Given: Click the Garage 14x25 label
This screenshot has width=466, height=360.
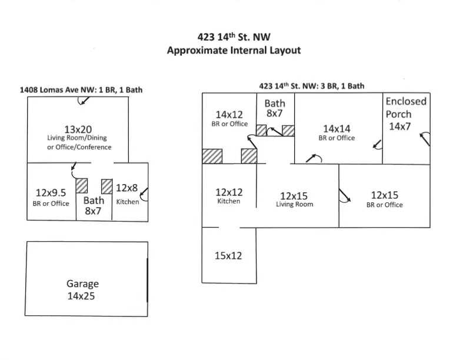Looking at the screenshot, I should [x=82, y=289].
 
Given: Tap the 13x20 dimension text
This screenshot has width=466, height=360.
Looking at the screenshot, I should [x=79, y=129].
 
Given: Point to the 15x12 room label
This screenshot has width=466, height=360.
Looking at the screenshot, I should [x=229, y=256].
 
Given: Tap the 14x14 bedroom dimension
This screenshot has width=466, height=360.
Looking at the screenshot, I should [x=337, y=128].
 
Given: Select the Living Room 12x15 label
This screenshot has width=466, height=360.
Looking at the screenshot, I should [x=295, y=199].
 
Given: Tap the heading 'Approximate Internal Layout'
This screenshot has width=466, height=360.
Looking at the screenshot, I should [x=234, y=50].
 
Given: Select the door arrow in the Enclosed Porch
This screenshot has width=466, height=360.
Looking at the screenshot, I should [x=424, y=139].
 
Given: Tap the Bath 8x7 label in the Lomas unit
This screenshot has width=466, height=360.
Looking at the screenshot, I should [x=94, y=205].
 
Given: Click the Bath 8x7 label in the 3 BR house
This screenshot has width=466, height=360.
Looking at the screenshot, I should [x=275, y=108].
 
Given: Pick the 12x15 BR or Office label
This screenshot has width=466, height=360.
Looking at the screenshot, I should [x=385, y=199].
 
